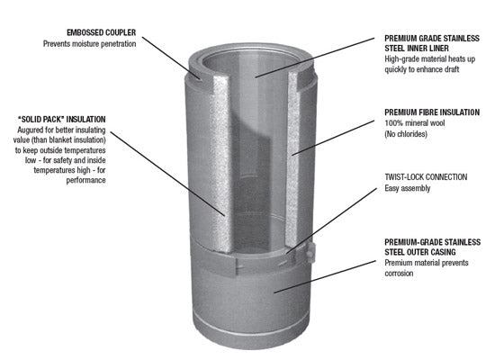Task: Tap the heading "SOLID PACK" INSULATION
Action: [60, 119]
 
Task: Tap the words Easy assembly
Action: [408, 189]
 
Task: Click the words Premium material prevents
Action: [431, 262]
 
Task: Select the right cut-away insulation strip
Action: [300, 153]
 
